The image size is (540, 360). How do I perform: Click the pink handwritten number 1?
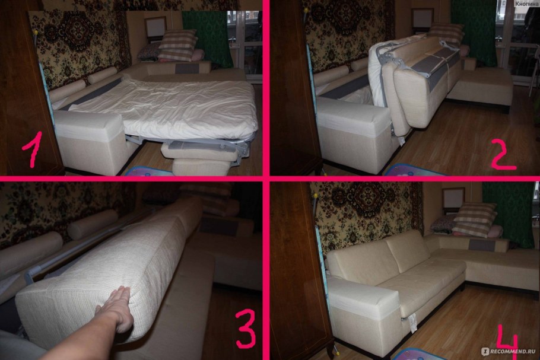click(33, 149)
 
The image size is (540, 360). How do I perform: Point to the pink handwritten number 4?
click(507, 342)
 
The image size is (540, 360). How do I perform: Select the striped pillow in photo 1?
click(177, 45)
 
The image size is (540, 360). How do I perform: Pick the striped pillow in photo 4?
click(475, 219)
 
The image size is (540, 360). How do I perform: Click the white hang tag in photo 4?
click(412, 323)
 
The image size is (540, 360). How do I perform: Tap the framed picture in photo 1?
click(155, 27)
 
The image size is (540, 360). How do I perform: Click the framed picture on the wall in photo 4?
click(453, 199)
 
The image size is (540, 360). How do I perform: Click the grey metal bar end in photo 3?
click(29, 277)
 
